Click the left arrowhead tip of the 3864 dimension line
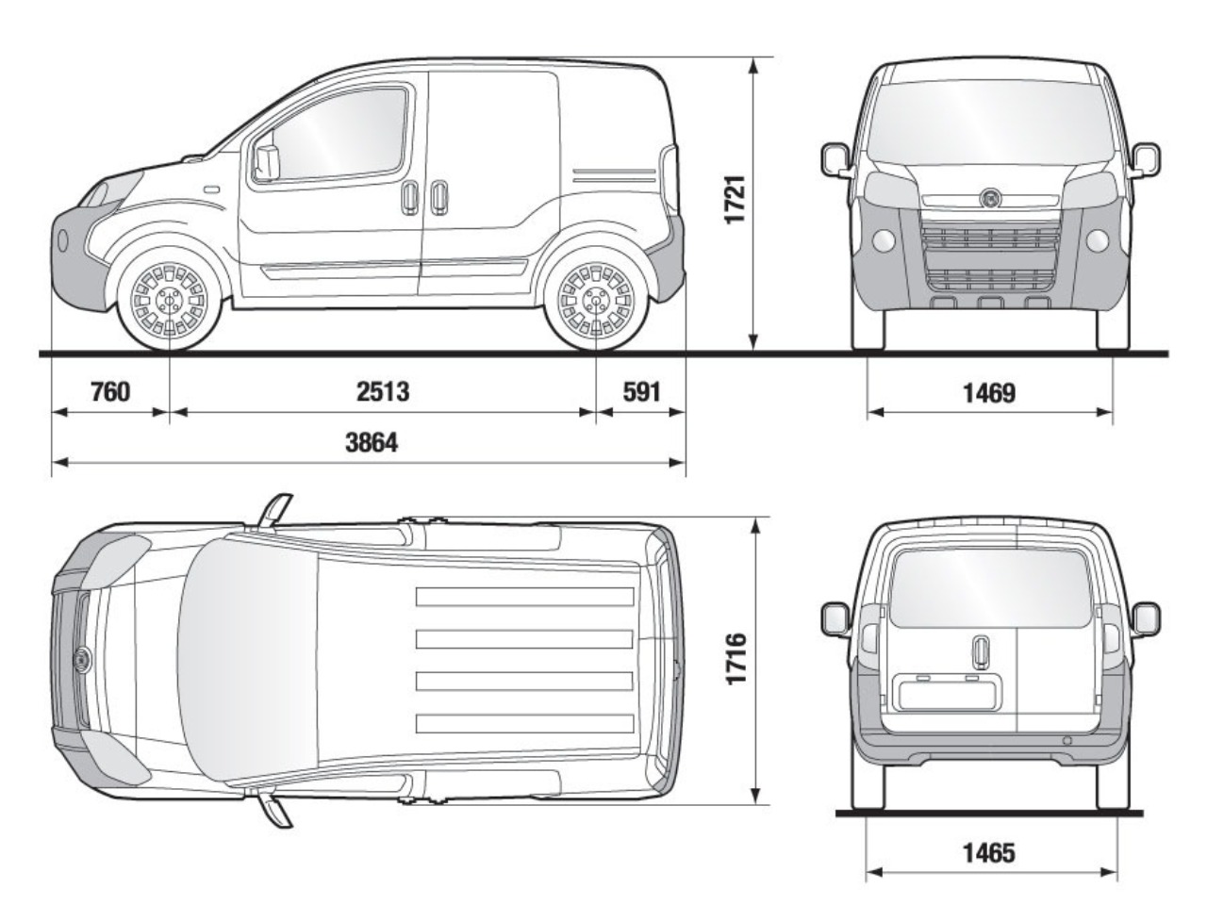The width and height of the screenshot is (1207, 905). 52,462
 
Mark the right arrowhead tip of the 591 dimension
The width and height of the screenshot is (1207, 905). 685,412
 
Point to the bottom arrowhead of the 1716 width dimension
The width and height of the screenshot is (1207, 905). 755,803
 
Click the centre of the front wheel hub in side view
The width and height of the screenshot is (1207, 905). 170,301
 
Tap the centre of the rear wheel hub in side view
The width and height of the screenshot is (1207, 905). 596,301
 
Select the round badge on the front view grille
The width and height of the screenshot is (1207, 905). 990,198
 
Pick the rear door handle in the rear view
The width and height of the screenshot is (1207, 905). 980,652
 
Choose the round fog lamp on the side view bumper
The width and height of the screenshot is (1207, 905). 62,240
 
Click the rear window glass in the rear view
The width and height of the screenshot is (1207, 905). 988,588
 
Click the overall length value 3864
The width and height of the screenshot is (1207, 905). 372,442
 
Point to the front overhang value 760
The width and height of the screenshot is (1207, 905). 110,392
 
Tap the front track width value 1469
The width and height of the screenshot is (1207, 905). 989,393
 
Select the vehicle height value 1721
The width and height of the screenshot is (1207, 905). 735,199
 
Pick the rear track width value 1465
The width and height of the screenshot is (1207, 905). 989,853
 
